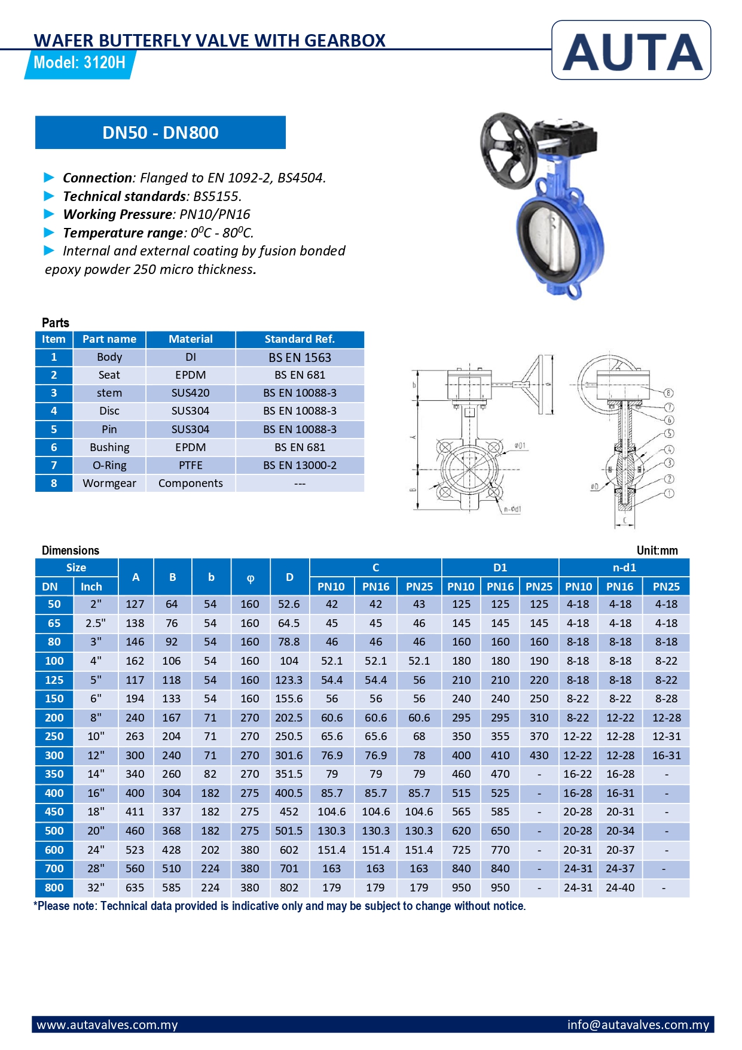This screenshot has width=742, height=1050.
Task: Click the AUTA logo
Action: pyautogui.click(x=631, y=50)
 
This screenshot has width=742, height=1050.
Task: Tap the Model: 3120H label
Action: pyautogui.click(x=80, y=63)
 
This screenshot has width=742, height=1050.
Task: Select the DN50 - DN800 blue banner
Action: pyautogui.click(x=160, y=132)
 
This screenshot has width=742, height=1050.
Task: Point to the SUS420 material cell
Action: pyautogui.click(x=190, y=393)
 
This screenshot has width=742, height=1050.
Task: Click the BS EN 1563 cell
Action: pyautogui.click(x=300, y=357)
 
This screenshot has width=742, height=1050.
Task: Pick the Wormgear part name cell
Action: pyautogui.click(x=109, y=483)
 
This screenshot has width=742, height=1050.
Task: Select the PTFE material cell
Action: pyautogui.click(x=190, y=465)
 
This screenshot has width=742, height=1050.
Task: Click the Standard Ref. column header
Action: pyautogui.click(x=300, y=339)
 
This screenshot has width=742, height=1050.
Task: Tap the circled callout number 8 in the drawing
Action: pyautogui.click(x=668, y=393)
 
